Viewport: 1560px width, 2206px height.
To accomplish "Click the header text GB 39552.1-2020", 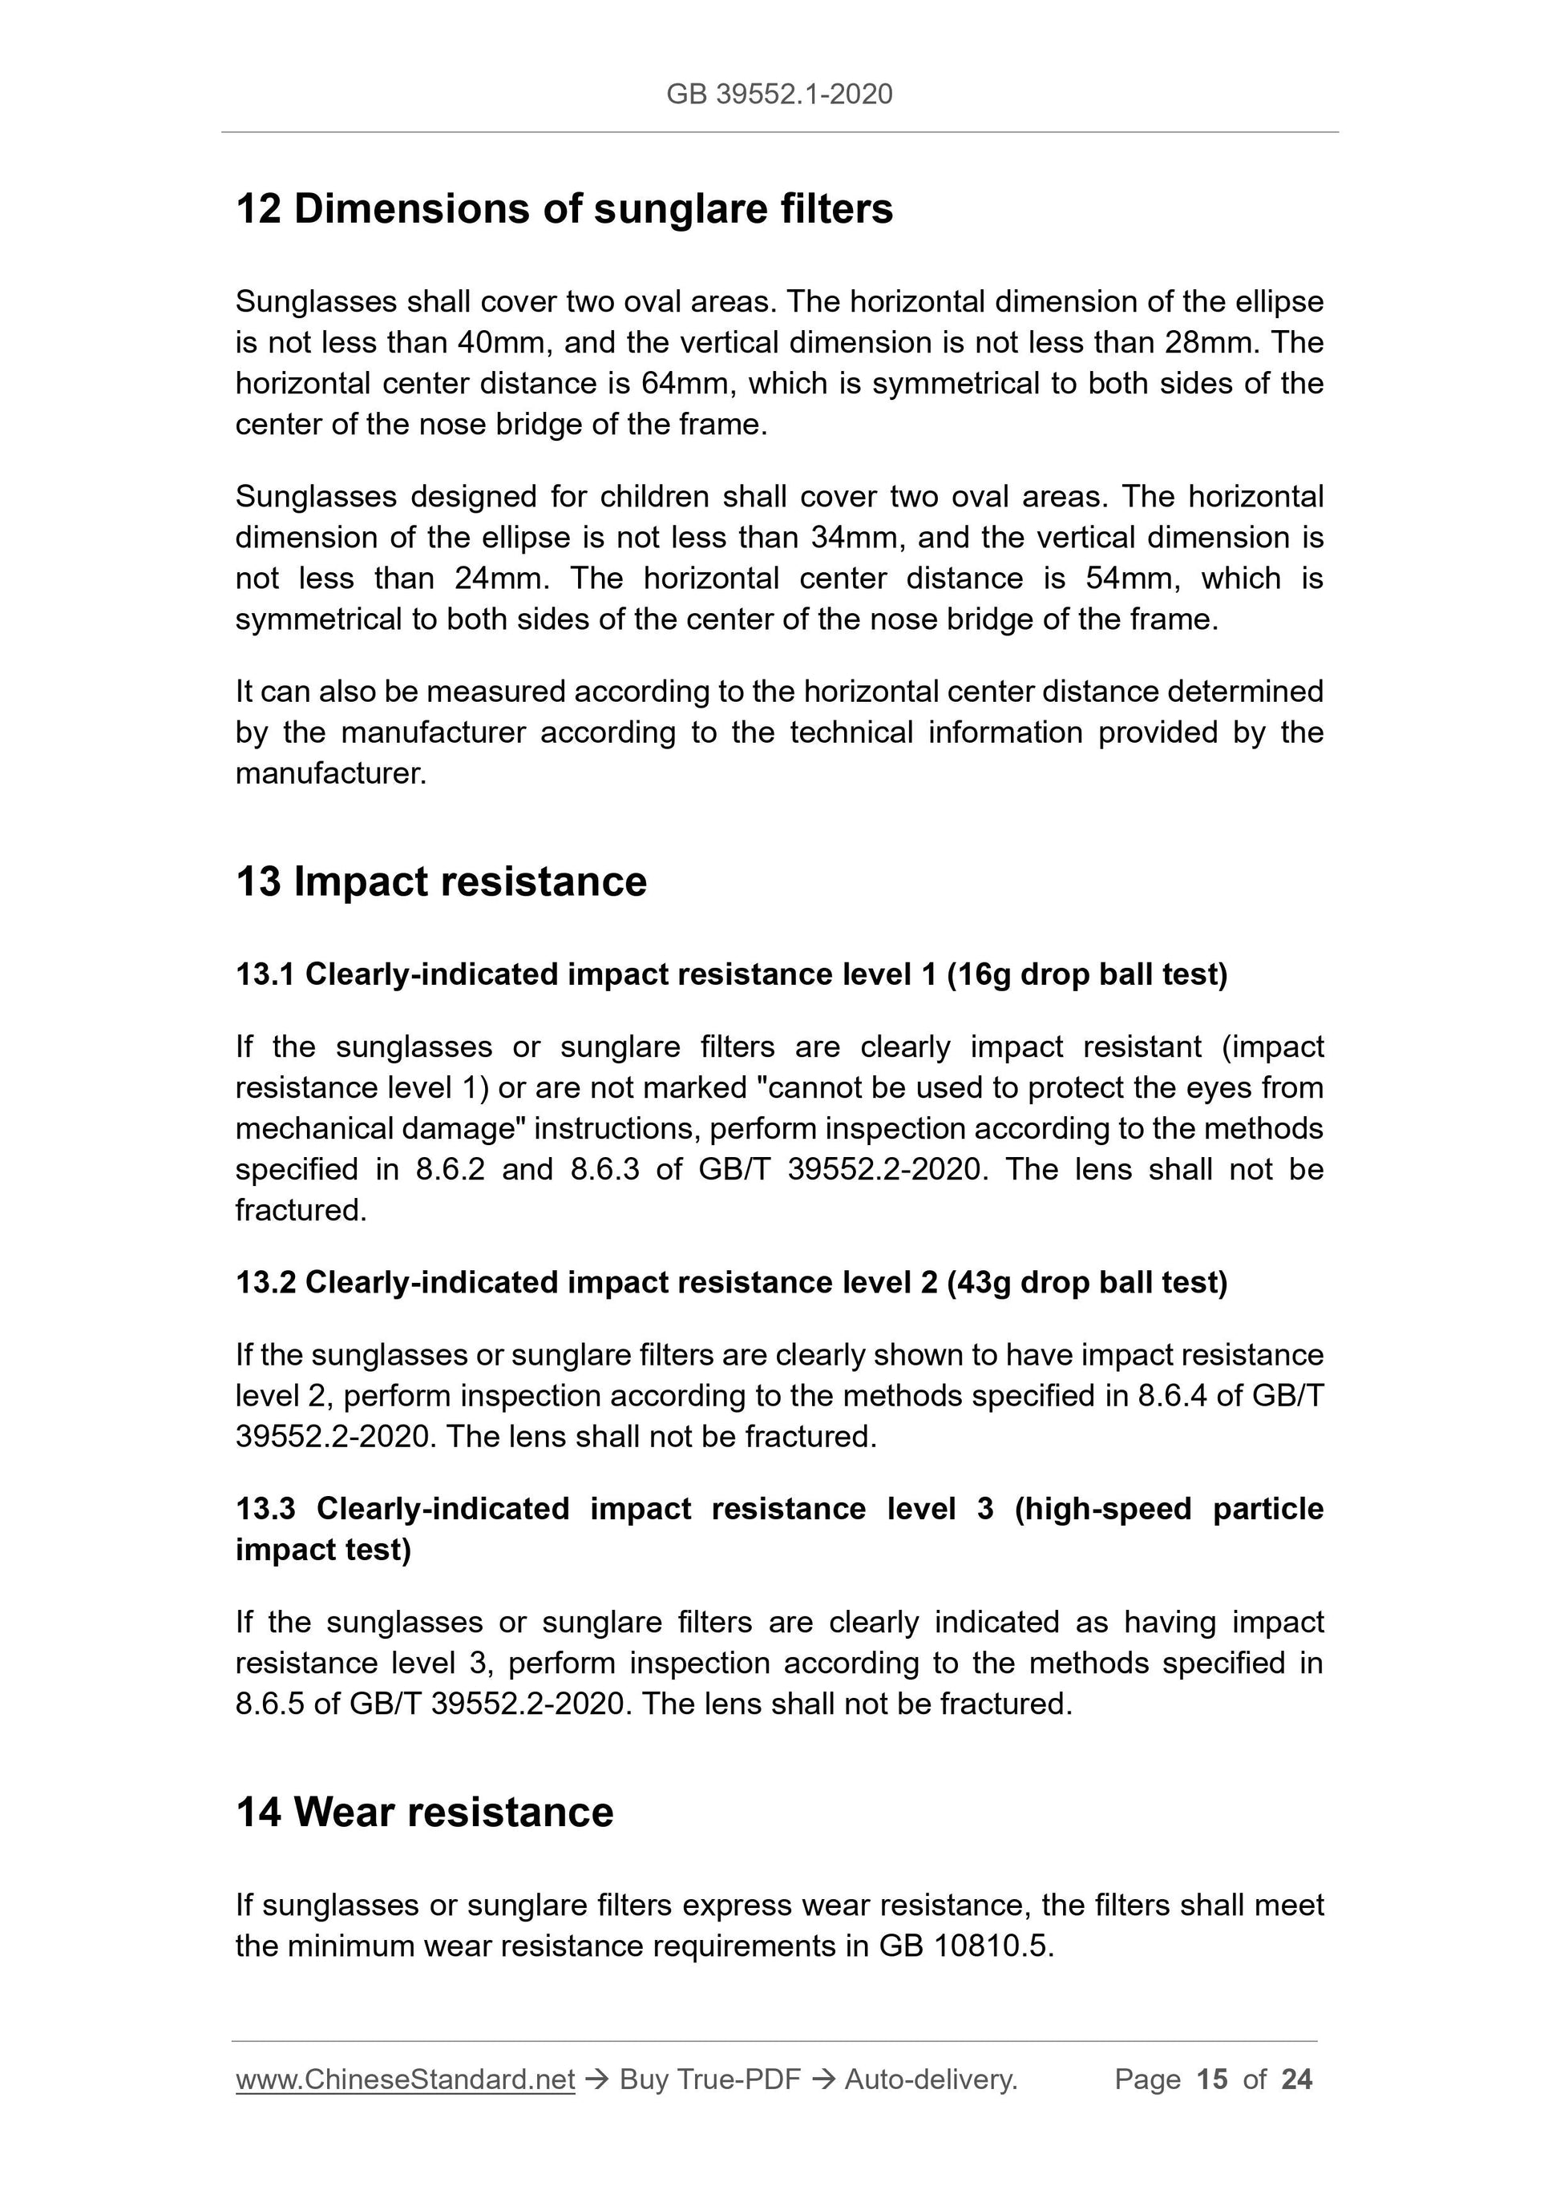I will [778, 95].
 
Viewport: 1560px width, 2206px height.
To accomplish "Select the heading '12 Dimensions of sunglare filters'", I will [564, 209].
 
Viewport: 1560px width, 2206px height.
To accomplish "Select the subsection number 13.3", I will [265, 1510].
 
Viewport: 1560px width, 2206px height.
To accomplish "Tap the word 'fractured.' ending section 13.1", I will [301, 1211].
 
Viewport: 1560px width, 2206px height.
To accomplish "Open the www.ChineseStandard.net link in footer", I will [405, 2080].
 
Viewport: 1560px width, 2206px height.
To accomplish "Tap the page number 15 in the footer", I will [1212, 2080].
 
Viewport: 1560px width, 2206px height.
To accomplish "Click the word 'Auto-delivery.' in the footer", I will [931, 2080].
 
